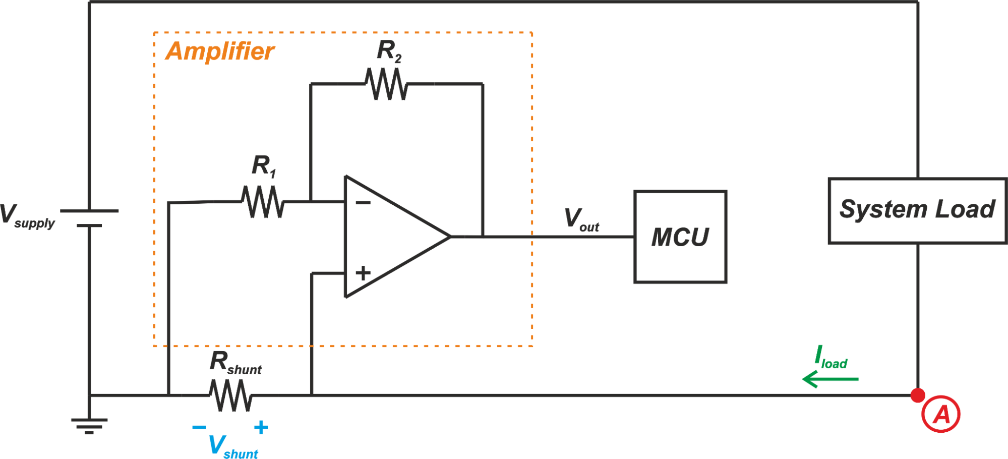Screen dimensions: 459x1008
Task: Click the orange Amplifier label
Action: [x=220, y=51]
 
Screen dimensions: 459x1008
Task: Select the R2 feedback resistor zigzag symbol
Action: [x=386, y=84]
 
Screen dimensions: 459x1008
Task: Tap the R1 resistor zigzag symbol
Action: [x=263, y=202]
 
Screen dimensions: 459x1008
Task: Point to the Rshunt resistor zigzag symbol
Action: [x=231, y=395]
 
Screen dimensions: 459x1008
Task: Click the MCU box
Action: [x=680, y=237]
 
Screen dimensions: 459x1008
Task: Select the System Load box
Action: [x=917, y=211]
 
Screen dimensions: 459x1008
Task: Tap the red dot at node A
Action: [x=918, y=395]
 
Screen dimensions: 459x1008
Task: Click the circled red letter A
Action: [x=940, y=415]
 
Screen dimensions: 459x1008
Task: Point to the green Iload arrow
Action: [x=830, y=379]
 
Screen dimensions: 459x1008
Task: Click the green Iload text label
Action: [x=831, y=358]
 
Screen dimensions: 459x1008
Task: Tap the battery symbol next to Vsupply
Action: [x=89, y=218]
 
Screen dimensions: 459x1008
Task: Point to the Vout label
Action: [x=581, y=220]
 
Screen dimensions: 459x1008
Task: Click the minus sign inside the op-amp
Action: [x=363, y=203]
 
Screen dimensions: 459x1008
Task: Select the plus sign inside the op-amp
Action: [x=363, y=273]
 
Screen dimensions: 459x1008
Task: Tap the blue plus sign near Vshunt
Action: [x=261, y=427]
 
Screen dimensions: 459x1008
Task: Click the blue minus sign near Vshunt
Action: [x=199, y=427]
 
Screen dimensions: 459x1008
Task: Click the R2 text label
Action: [x=389, y=51]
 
